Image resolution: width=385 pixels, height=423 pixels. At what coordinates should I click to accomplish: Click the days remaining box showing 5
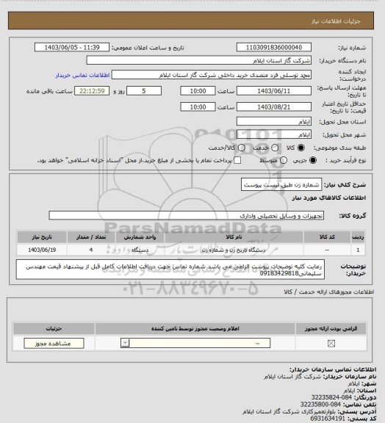pyautogui.click(x=152, y=91)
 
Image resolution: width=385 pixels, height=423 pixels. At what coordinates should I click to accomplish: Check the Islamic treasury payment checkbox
pyautogui.click(x=237, y=159)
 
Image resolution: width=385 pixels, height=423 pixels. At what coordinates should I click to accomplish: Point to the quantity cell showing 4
pyautogui.click(x=90, y=250)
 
